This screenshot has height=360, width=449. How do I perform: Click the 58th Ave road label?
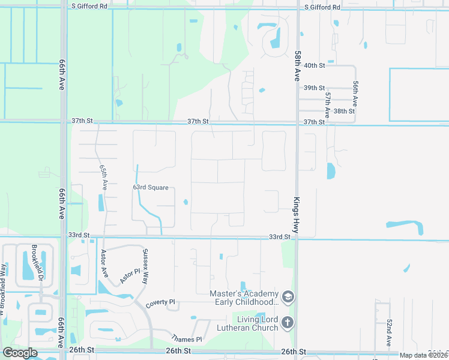[297, 67]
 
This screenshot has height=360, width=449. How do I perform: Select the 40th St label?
[314, 65]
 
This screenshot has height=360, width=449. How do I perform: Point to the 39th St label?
[314, 88]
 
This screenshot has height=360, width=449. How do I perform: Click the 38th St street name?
[344, 111]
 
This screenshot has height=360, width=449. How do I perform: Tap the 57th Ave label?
[327, 104]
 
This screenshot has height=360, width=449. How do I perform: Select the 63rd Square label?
[151, 187]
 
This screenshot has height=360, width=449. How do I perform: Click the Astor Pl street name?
[129, 275]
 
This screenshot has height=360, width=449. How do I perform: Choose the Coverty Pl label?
[160, 303]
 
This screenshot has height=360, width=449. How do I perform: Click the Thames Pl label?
[187, 339]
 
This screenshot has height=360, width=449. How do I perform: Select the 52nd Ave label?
[389, 332]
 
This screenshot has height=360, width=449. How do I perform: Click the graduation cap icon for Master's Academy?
[288, 297]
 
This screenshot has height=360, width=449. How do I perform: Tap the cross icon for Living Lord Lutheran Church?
[288, 323]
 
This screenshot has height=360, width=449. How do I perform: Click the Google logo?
[20, 353]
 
